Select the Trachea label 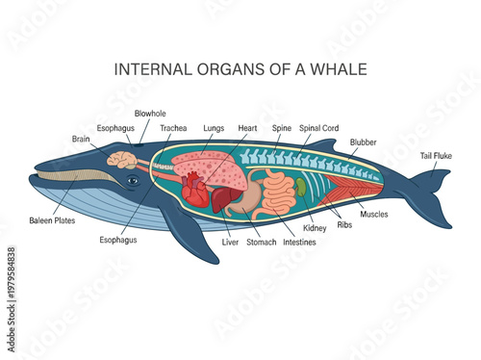(x=174, y=128)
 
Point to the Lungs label (x=214, y=128)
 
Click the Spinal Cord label (x=317, y=128)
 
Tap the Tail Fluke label (x=437, y=155)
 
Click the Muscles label (x=374, y=215)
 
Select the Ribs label (x=344, y=224)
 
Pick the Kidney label (x=316, y=229)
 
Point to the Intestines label (x=299, y=243)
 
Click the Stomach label (x=262, y=243)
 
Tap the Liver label (x=230, y=243)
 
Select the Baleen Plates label (x=49, y=220)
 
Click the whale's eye (x=133, y=181)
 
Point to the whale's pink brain (x=121, y=160)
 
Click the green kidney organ (x=301, y=186)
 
